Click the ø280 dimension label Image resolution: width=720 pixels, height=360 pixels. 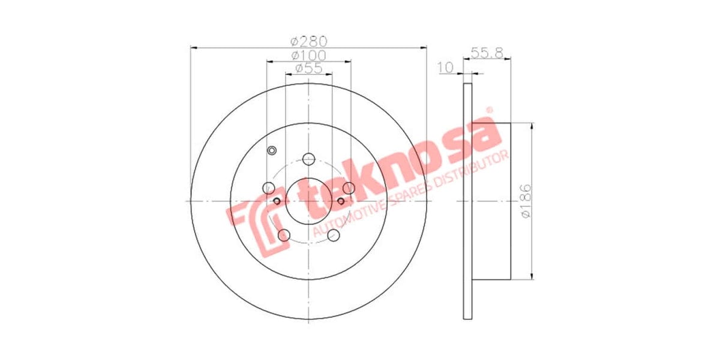pos(308,41)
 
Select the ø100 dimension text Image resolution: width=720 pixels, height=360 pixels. pos(308,55)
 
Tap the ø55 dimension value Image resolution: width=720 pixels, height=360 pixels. pos(308,68)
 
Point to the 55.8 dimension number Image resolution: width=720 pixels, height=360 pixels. pos(487,53)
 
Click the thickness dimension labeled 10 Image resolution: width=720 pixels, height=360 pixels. pos(446,68)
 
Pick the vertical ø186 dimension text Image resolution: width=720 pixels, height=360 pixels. pos(525,202)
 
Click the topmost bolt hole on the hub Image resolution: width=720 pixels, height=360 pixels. pos(308,159)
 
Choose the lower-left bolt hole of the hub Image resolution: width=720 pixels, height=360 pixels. pos(284,235)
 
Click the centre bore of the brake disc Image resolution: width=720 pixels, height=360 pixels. pos(308,201)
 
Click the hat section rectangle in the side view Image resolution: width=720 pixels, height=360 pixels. pos(491,201)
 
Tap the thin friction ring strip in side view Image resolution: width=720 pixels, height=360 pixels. pos(468,201)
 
